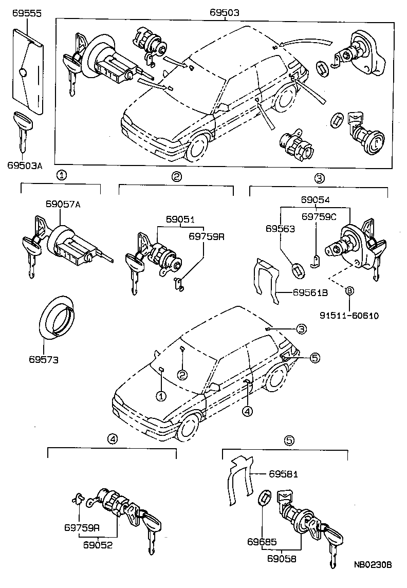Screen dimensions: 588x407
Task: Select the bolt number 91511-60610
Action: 349,315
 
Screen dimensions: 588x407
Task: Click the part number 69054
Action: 315,199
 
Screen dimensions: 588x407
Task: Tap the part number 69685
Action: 262,541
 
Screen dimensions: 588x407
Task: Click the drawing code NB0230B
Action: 373,564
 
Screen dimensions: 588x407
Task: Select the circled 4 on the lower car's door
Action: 248,411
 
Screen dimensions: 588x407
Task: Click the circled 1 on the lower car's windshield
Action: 161,396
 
